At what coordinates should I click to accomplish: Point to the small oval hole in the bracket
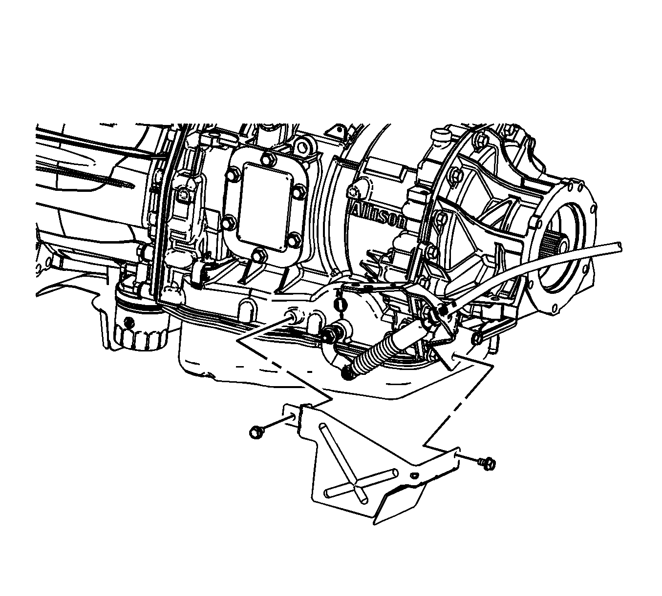tap(415, 475)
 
